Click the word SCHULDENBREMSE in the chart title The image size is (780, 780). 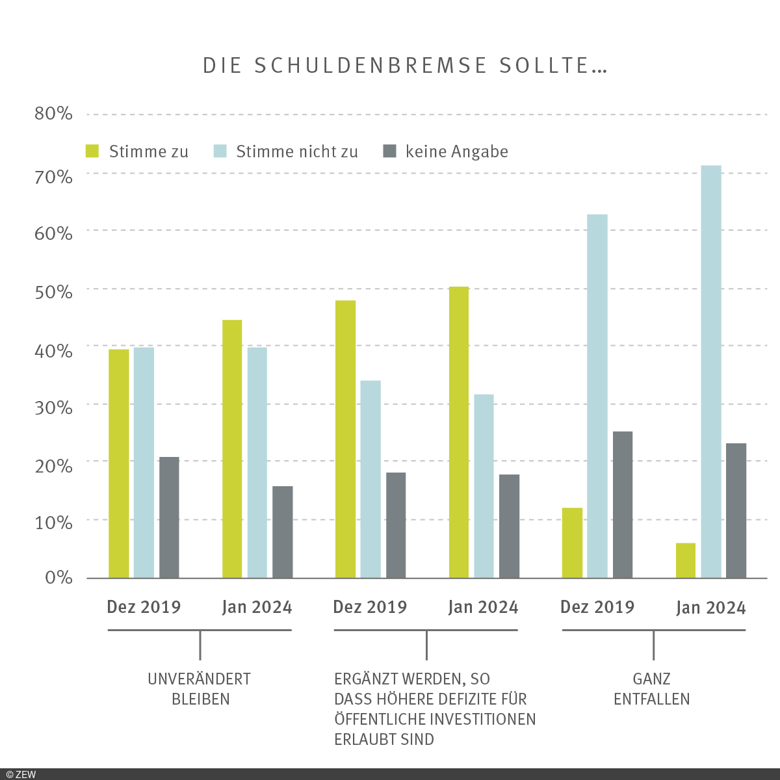point(371,66)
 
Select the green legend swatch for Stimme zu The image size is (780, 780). point(93,151)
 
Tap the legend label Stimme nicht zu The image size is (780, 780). point(297,152)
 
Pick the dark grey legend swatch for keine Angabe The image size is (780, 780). point(389,151)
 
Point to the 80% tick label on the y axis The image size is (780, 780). point(53,114)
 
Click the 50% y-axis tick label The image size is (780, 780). point(53,291)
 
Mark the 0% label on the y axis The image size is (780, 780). point(58,577)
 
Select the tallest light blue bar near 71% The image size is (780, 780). point(711,370)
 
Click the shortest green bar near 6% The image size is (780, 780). point(686,560)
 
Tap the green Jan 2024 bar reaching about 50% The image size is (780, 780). point(459,432)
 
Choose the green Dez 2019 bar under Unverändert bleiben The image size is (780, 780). point(119,463)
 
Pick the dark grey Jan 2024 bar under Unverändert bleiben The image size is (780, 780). point(283,532)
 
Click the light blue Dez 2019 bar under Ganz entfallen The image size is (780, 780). point(597,396)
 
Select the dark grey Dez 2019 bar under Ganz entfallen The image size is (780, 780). point(623,504)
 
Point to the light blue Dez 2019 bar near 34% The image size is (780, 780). point(370,479)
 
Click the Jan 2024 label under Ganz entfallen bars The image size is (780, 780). point(710,608)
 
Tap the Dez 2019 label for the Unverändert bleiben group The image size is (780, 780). point(144,607)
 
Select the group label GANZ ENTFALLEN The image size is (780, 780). point(652,689)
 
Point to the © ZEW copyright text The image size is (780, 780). point(21,774)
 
